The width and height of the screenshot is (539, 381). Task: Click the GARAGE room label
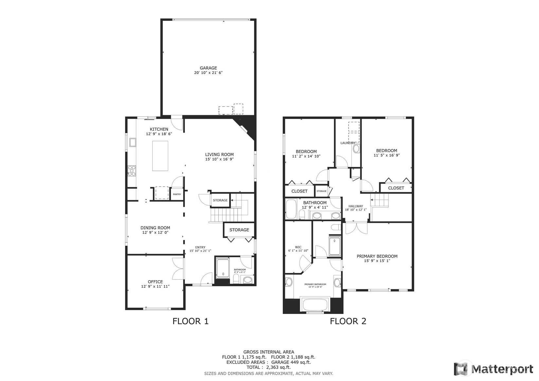(x=208, y=68)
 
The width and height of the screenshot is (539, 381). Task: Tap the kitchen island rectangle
(x=160, y=156)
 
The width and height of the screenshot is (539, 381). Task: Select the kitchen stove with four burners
(x=132, y=171)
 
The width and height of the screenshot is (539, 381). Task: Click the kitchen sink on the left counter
(x=133, y=142)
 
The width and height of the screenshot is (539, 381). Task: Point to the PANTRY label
(x=177, y=194)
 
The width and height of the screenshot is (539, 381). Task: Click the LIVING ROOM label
(x=220, y=154)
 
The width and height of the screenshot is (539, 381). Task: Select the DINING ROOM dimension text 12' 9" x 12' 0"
(x=155, y=232)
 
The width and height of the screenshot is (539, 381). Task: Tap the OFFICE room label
(x=155, y=281)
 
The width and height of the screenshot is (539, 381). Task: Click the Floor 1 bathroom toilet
(x=236, y=279)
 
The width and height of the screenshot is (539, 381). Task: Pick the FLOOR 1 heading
(x=190, y=321)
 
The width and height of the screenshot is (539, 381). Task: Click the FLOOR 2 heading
(x=348, y=321)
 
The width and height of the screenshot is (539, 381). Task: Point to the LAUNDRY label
(x=348, y=143)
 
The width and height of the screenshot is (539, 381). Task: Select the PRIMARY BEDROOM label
(x=377, y=256)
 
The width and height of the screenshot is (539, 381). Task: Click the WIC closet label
(x=298, y=247)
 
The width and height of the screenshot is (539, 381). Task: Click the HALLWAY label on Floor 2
(x=356, y=206)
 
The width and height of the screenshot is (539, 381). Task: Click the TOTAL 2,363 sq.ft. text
(x=269, y=367)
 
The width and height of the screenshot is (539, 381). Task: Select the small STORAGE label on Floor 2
(x=321, y=191)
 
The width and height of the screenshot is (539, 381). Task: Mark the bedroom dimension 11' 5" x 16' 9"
(x=387, y=155)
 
